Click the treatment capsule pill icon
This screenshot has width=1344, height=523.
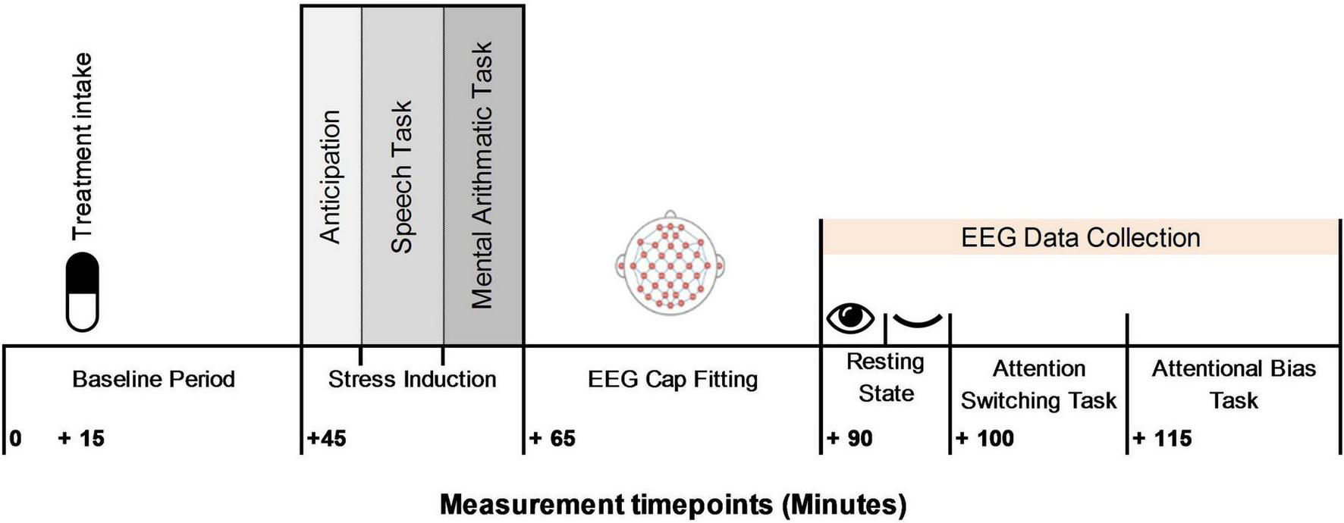[x=83, y=292]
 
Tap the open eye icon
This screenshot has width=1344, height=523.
[x=850, y=318]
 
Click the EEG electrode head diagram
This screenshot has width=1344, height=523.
[x=670, y=261]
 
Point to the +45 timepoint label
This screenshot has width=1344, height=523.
[x=327, y=438]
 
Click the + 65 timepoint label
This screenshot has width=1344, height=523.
[x=552, y=438]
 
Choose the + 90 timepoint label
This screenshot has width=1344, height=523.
[x=849, y=438]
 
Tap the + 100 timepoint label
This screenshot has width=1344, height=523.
[x=984, y=438]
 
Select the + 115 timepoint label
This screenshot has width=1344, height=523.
[x=1162, y=438]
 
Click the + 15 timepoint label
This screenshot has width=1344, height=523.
[x=81, y=438]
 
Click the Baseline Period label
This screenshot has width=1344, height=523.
[x=153, y=379]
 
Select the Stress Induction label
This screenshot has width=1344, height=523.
[x=412, y=379]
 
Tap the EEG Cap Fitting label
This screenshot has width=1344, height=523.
[x=673, y=379]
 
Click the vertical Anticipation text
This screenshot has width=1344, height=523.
[x=330, y=177]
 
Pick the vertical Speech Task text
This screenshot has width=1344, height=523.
[x=401, y=177]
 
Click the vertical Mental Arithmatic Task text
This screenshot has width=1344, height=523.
[x=482, y=175]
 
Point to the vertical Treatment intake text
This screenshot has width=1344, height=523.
[x=81, y=146]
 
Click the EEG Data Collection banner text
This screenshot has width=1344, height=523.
[x=1080, y=238]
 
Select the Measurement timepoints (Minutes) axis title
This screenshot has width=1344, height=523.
[x=673, y=504]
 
